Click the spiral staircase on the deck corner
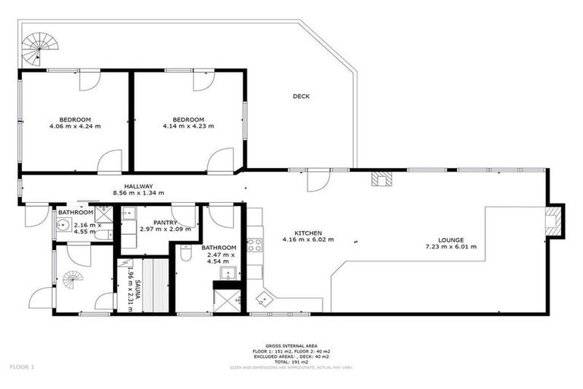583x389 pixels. click(x=36, y=51)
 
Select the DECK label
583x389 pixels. click(x=301, y=96)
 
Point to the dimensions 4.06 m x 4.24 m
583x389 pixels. click(x=75, y=126)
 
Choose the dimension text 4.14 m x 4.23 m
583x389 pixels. click(x=188, y=126)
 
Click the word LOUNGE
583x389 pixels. click(x=450, y=239)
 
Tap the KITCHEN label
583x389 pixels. click(x=308, y=233)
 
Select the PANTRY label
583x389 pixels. click(x=165, y=222)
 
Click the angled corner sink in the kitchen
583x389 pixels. click(x=263, y=298)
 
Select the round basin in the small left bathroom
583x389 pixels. click(x=64, y=226)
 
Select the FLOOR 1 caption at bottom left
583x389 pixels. click(x=22, y=366)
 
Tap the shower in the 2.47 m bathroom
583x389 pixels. click(x=226, y=300)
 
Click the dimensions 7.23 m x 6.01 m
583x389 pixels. click(x=450, y=247)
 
